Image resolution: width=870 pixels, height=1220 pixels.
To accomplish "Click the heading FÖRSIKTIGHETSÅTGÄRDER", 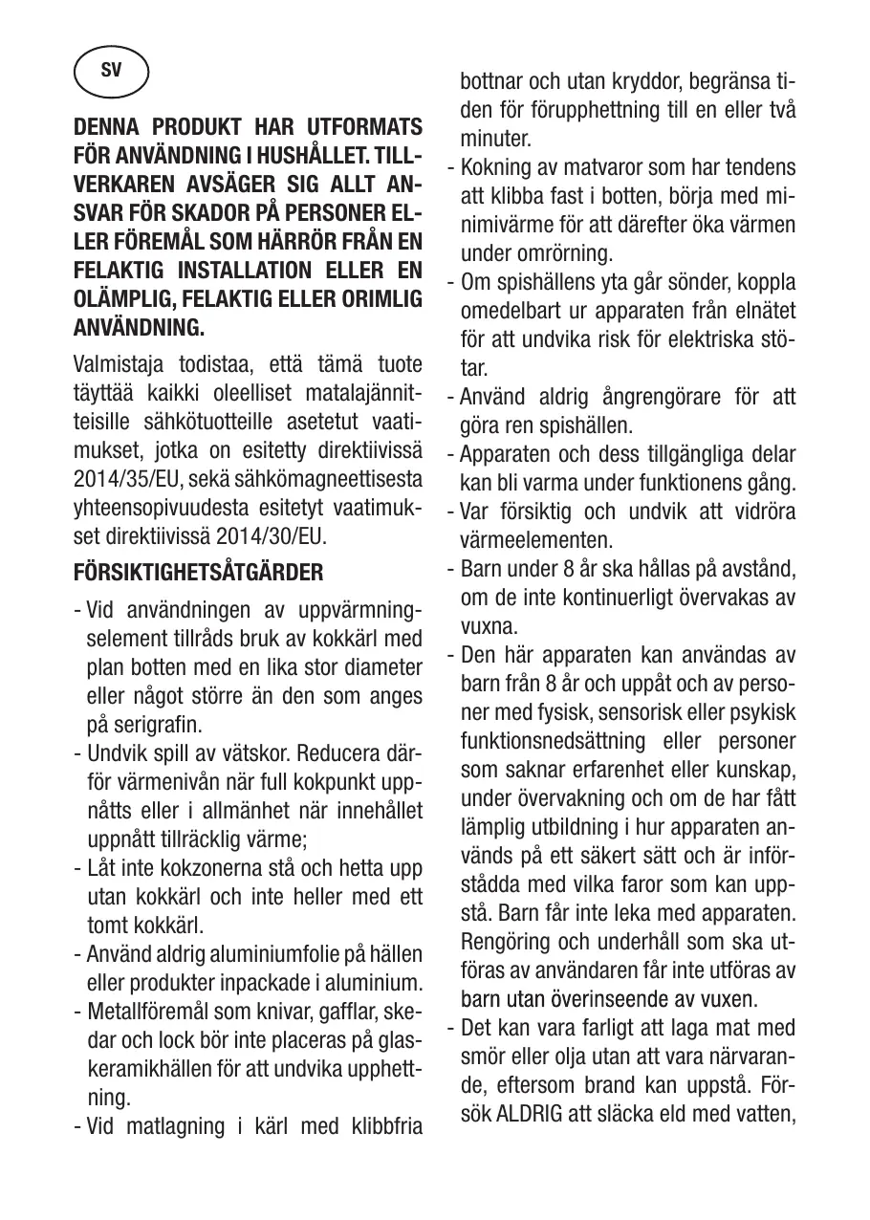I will coord(199,574).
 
